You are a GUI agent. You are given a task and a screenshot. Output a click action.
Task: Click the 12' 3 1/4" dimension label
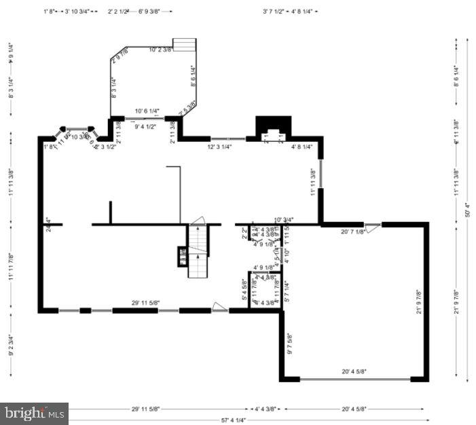coord(219,147)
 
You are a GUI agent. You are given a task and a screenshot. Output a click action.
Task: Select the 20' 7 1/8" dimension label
coord(353,232)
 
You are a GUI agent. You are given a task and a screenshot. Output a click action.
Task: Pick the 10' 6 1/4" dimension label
coord(147,111)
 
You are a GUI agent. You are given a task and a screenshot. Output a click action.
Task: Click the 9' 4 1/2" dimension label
coord(145,126)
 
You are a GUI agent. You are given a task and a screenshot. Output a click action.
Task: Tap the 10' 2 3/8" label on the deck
coord(161,50)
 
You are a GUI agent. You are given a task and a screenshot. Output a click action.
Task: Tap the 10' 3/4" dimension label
coord(283,219)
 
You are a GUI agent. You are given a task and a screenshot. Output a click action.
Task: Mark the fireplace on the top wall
coord(273,128)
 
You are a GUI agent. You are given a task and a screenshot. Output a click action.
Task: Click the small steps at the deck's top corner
coord(183,45)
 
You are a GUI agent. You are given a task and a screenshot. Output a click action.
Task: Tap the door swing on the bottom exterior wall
coord(219,307)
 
